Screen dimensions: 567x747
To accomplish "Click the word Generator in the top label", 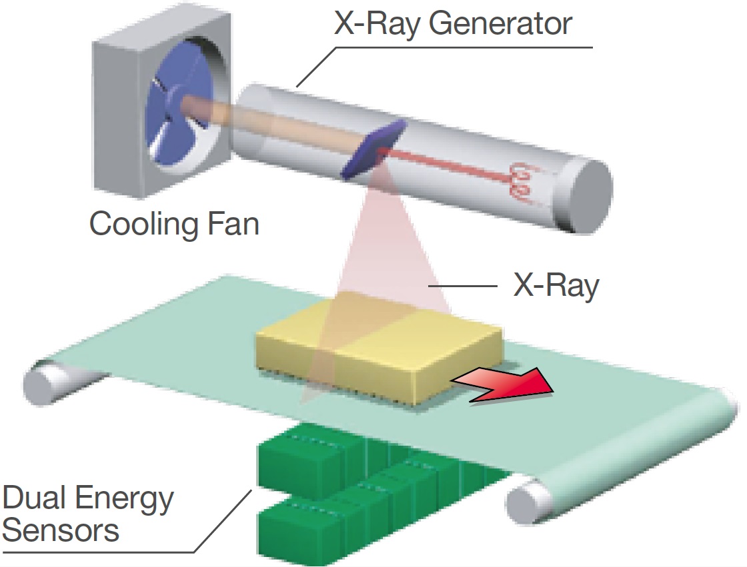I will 500,25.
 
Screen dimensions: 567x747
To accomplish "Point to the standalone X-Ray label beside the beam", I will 555,286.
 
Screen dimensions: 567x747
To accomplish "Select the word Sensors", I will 61,531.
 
